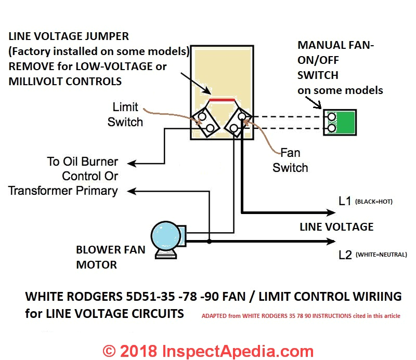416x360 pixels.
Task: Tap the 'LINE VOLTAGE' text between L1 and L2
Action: [336, 227]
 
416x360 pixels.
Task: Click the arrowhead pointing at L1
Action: [330, 212]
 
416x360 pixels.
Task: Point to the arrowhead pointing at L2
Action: [330, 242]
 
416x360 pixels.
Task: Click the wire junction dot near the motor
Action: [209, 242]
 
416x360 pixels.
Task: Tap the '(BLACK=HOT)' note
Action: [378, 202]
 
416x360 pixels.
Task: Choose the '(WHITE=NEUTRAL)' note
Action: [385, 255]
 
